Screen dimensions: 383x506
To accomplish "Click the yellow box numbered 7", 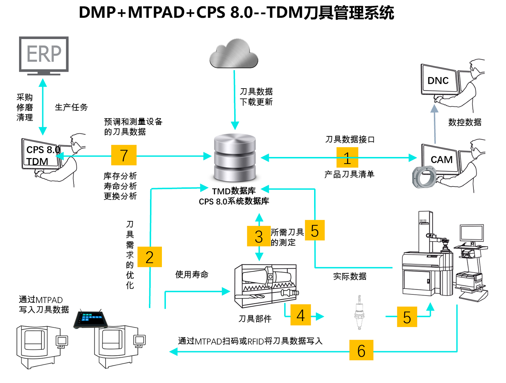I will click(x=124, y=155).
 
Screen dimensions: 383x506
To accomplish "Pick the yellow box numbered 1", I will click(x=347, y=158).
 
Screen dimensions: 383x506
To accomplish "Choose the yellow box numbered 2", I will click(x=150, y=257).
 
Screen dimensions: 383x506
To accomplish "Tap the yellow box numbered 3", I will click(x=259, y=236).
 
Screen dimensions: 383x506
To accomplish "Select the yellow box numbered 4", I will click(x=300, y=316).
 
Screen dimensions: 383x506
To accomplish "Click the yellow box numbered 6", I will click(x=361, y=350).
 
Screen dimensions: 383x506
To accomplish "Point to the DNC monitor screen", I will click(x=438, y=80).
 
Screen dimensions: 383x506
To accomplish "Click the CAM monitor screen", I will click(x=441, y=159).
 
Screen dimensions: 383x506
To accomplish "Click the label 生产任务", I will click(x=71, y=107).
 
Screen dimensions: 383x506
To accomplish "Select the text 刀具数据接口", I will click(x=350, y=139).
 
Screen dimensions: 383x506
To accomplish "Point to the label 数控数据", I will click(x=465, y=122).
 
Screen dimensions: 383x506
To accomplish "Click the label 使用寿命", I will click(x=192, y=275).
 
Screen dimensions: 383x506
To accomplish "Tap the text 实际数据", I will click(x=350, y=276).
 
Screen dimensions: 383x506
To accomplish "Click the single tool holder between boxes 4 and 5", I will click(x=359, y=313).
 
